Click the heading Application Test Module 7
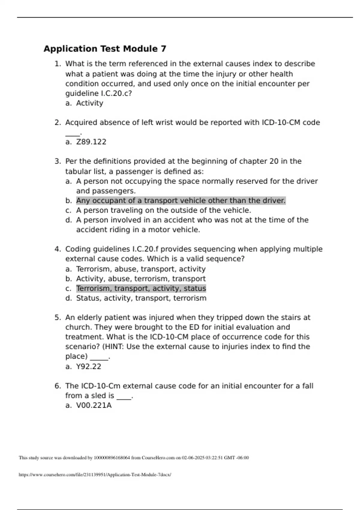(105, 49)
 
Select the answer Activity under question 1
(89, 103)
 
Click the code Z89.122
(91, 142)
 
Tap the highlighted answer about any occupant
(181, 200)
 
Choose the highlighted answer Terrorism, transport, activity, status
(141, 289)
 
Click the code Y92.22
(88, 367)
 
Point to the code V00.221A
(94, 406)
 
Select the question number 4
(58, 249)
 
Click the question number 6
(58, 386)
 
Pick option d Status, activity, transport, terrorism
(141, 298)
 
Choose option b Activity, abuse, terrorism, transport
(141, 279)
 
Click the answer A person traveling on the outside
(163, 210)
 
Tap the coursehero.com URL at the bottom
(95, 475)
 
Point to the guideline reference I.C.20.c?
(114, 94)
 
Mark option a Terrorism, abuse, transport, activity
(141, 269)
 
